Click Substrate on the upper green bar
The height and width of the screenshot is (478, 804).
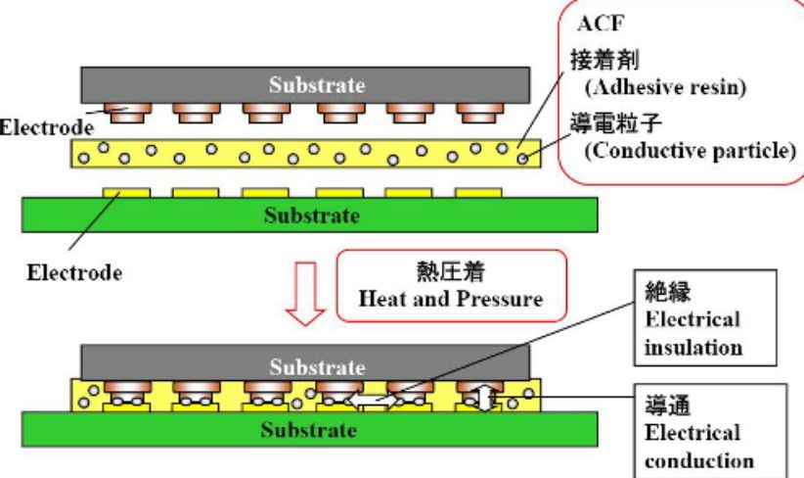point(309,215)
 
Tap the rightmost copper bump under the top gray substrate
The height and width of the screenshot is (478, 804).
point(484,118)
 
